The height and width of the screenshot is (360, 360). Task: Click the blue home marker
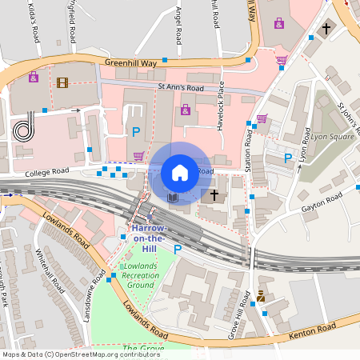180,172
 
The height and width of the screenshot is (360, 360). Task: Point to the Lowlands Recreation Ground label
139,275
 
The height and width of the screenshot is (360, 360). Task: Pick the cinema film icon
62,82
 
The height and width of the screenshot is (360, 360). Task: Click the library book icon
173,196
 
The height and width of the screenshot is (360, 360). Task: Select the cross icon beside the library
214,194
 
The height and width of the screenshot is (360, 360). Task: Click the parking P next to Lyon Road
288,158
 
